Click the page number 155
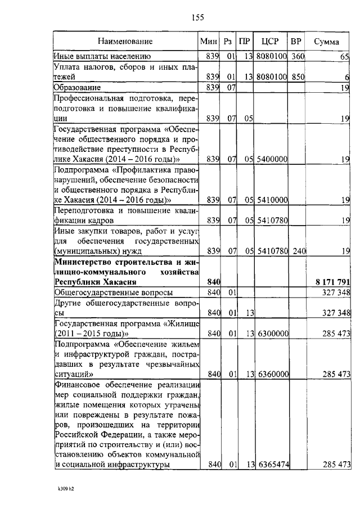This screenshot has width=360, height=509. pyautogui.click(x=197, y=18)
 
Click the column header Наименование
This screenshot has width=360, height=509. pyautogui.click(x=125, y=42)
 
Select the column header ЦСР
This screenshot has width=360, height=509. pyautogui.click(x=272, y=42)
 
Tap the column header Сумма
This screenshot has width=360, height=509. pyautogui.click(x=326, y=42)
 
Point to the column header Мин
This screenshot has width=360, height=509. pyautogui.click(x=209, y=42)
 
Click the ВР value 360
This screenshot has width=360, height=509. pyautogui.click(x=298, y=56)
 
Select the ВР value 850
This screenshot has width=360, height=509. pyautogui.click(x=298, y=76)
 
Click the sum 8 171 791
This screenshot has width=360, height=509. pyautogui.click(x=331, y=281)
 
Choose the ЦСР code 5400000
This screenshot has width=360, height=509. pyautogui.click(x=272, y=159)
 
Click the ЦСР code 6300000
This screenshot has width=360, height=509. pyautogui.click(x=272, y=334)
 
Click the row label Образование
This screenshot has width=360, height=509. pyautogui.click(x=78, y=87)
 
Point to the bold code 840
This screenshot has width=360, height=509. pyautogui.click(x=213, y=281)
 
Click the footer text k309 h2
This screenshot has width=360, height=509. pyautogui.click(x=65, y=489)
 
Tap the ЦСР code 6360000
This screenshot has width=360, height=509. pyautogui.click(x=272, y=373)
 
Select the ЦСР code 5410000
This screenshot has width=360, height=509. pyautogui.click(x=272, y=200)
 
